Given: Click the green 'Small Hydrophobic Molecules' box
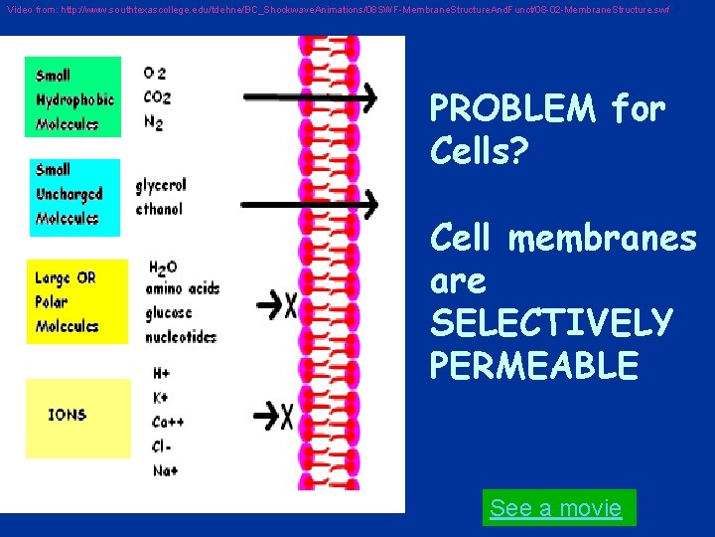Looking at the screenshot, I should tap(73, 97).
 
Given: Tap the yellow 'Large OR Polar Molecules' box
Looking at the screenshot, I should tap(77, 301).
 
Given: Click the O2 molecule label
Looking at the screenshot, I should tap(155, 73).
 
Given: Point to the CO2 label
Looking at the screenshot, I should tap(157, 96).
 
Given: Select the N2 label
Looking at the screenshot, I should tap(155, 121).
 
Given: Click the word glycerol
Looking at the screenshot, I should tap(161, 186).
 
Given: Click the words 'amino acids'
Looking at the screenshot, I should tap(182, 289).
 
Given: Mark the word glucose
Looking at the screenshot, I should tap(169, 312).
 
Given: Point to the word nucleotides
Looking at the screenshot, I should tap(180, 336).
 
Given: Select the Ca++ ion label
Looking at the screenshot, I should tap(168, 422).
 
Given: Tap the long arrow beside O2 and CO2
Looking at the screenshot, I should tap(309, 97).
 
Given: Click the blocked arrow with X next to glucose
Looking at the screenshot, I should tap(275, 304).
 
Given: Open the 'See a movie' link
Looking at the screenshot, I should tap(556, 508).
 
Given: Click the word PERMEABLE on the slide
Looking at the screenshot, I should tap(533, 365).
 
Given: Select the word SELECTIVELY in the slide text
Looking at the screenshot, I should tap(551, 322).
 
